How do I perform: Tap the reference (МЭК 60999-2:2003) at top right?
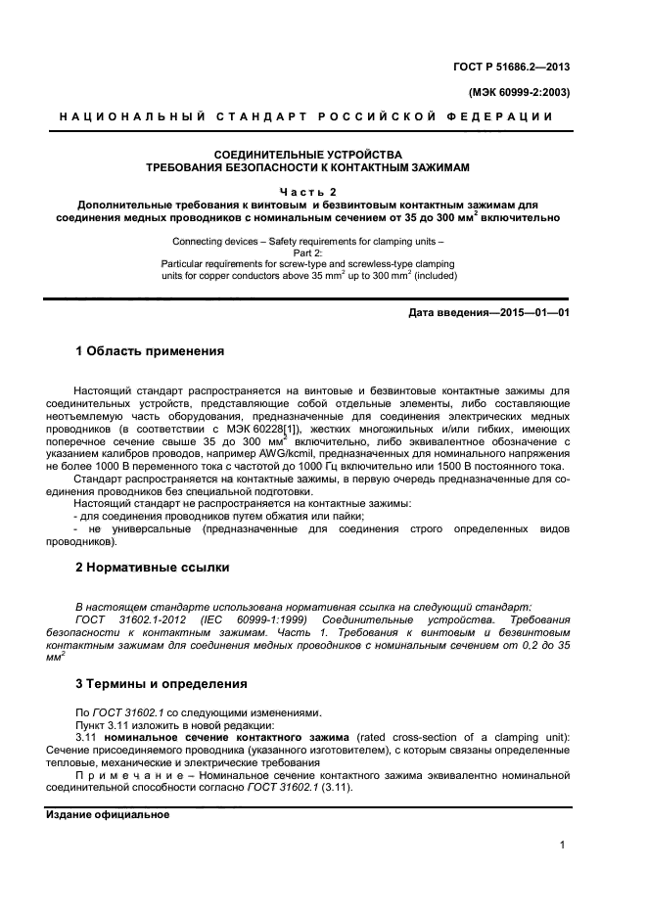[513, 93]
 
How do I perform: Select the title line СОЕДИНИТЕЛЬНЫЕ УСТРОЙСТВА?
[308, 154]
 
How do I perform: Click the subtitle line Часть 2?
[308, 191]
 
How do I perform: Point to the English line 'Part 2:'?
[308, 252]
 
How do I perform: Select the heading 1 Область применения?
[151, 350]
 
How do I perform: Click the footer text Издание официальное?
[108, 814]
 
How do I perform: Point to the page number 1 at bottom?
[563, 845]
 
